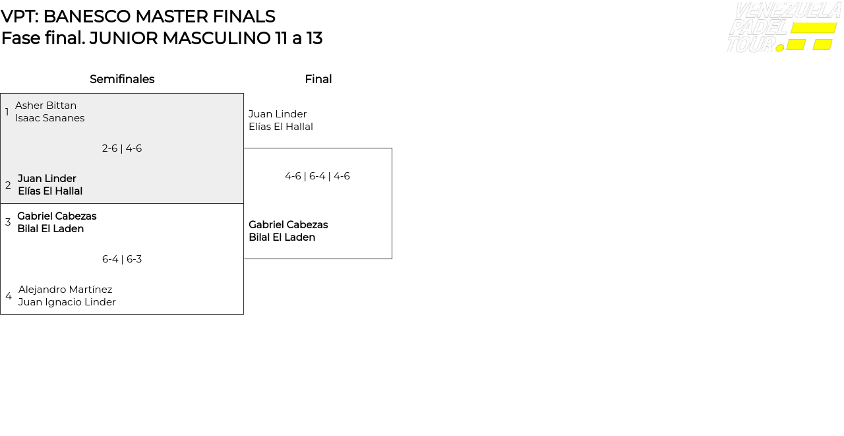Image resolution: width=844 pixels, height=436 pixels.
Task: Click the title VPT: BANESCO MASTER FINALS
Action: [x=138, y=16]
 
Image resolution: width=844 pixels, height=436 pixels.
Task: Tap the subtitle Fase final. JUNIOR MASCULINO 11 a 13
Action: [x=162, y=38]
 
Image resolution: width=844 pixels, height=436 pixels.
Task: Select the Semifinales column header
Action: [x=122, y=79]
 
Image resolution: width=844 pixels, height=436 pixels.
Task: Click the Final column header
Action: [x=318, y=79]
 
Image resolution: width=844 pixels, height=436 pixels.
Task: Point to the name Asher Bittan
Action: [x=45, y=106]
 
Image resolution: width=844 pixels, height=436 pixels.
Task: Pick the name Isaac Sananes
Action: [x=49, y=118]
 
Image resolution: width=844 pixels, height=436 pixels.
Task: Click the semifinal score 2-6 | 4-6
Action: [x=122, y=148]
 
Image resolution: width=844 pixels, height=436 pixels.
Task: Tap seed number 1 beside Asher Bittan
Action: [x=7, y=112]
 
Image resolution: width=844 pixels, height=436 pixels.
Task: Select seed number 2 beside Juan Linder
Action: [x=8, y=185]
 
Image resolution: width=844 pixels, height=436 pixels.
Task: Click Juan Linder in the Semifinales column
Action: [x=47, y=179]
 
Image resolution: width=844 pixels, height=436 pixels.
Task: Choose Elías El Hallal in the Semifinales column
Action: [x=50, y=191]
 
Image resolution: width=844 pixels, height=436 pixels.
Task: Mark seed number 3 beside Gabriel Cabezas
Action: [x=8, y=222]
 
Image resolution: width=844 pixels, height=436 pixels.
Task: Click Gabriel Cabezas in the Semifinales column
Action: [x=57, y=216]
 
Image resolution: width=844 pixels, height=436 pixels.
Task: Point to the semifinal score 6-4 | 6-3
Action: [x=122, y=259]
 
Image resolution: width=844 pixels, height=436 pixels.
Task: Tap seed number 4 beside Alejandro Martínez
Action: [x=9, y=296]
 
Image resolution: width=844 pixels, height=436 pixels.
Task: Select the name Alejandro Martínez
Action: [x=65, y=290]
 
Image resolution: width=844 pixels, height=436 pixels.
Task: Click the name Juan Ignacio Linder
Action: [x=67, y=302]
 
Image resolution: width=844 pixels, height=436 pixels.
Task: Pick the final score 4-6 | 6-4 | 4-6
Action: [x=317, y=176]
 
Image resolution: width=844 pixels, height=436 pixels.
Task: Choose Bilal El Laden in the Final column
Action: [x=282, y=237]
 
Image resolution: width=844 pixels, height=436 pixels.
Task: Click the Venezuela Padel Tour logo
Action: [x=783, y=28]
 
